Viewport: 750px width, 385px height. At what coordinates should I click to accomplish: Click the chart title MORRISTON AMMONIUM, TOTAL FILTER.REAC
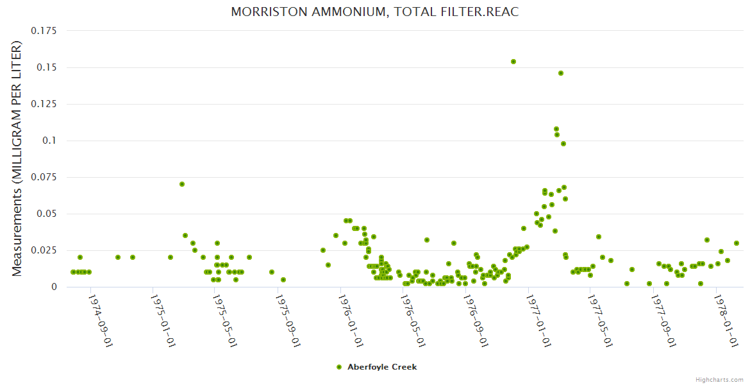(x=374, y=12)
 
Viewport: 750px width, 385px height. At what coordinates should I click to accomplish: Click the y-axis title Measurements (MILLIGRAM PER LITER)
(x=17, y=158)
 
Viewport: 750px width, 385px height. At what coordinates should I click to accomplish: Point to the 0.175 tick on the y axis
(x=44, y=31)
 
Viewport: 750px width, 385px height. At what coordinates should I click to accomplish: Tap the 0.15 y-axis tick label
(x=47, y=67)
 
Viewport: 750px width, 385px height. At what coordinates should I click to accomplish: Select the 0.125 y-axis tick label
(x=44, y=104)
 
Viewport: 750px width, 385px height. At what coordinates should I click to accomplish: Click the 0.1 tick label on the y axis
(x=50, y=141)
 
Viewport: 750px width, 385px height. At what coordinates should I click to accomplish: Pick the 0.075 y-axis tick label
(x=44, y=177)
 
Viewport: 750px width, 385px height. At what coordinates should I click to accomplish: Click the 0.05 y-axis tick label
(x=47, y=214)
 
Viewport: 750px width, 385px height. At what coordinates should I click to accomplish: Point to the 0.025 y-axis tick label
(x=44, y=250)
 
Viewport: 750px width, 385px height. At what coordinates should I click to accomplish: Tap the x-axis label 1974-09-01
(x=100, y=321)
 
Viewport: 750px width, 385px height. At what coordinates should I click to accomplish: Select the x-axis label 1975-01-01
(x=163, y=321)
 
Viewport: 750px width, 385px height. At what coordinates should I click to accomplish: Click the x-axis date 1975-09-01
(x=288, y=321)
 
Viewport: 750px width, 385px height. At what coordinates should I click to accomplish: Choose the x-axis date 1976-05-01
(x=413, y=321)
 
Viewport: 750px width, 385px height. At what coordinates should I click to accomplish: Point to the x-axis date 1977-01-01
(x=538, y=321)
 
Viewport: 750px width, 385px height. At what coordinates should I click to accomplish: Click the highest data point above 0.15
(x=513, y=62)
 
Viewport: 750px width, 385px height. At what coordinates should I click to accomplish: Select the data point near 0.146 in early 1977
(x=561, y=73)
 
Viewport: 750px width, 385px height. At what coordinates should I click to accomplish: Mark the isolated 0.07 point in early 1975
(x=182, y=184)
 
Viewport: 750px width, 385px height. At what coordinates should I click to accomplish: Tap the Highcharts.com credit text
(x=719, y=379)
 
